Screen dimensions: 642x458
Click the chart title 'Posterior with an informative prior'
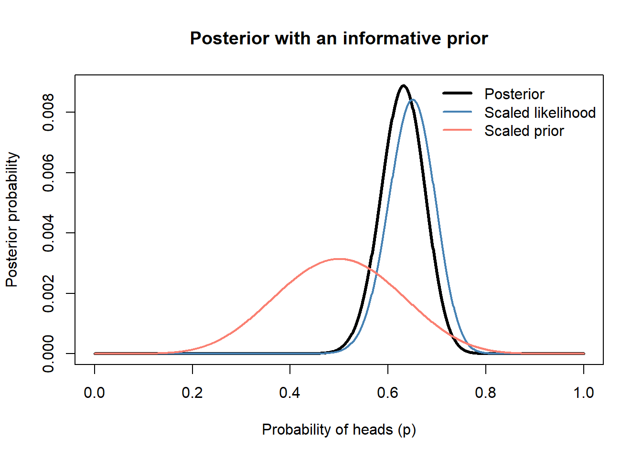click(339, 38)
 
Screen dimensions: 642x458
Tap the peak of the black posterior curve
click(404, 85)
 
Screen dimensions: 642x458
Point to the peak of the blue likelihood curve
click(413, 100)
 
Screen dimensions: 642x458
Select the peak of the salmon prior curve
click(339, 259)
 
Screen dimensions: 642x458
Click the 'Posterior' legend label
click(514, 94)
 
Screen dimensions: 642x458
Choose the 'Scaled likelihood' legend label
click(540, 113)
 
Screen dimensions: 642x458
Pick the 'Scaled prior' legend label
click(524, 131)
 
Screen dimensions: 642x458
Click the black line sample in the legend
click(458, 93)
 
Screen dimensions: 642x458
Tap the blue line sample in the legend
click(458, 112)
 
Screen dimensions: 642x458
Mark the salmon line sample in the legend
click(458, 130)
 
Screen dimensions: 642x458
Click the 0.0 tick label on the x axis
click(94, 393)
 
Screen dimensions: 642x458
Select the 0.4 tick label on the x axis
click(290, 393)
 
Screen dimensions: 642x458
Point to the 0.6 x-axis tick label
click(387, 393)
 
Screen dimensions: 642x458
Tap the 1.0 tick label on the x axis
click(584, 393)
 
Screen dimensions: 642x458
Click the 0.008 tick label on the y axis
click(48, 112)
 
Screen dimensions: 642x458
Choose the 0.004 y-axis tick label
click(48, 233)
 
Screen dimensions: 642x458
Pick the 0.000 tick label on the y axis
click(48, 354)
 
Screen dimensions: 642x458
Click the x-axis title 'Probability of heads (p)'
click(339, 430)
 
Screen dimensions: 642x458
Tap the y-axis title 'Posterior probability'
click(12, 219)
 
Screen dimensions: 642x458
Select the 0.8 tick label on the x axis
click(485, 393)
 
